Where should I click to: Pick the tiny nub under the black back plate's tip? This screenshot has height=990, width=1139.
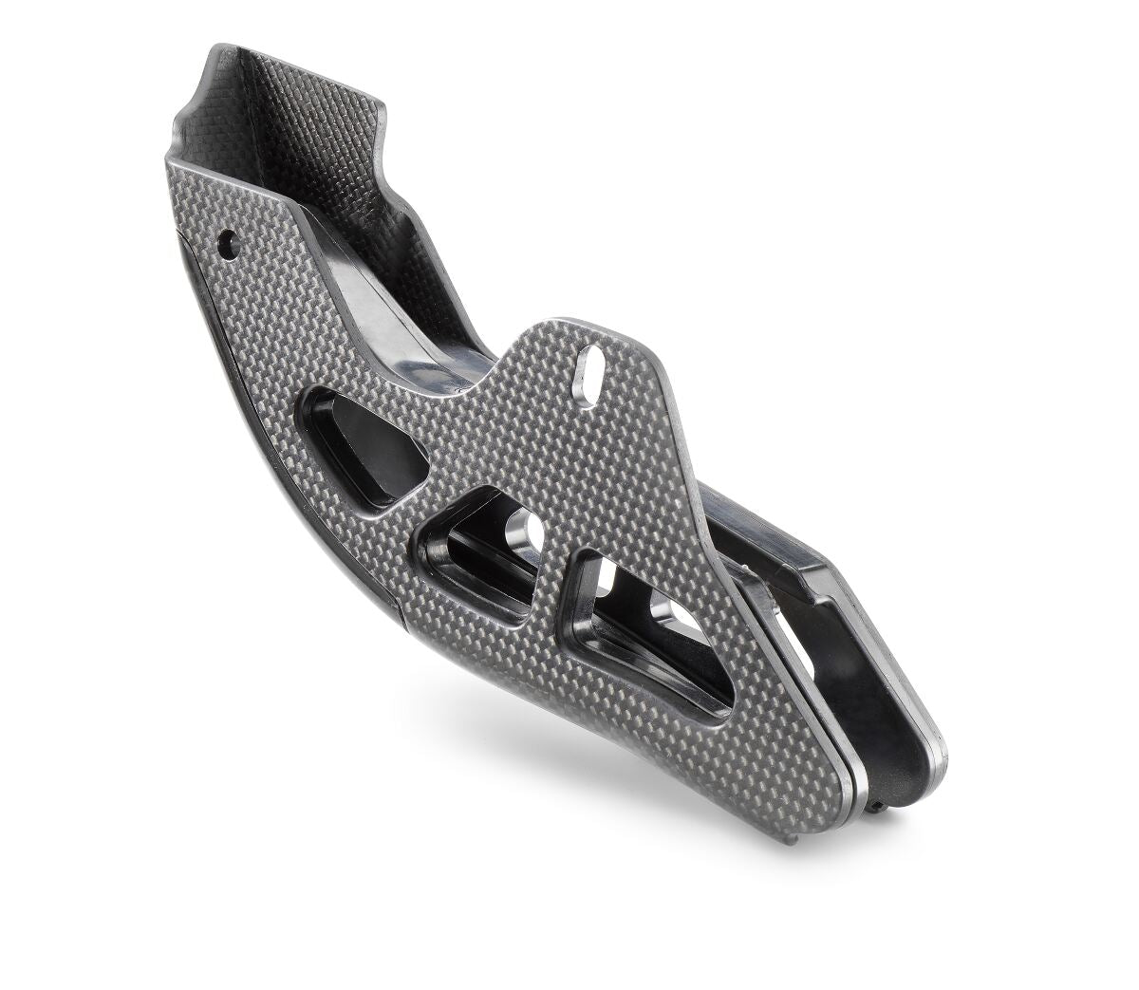pos(887,805)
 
